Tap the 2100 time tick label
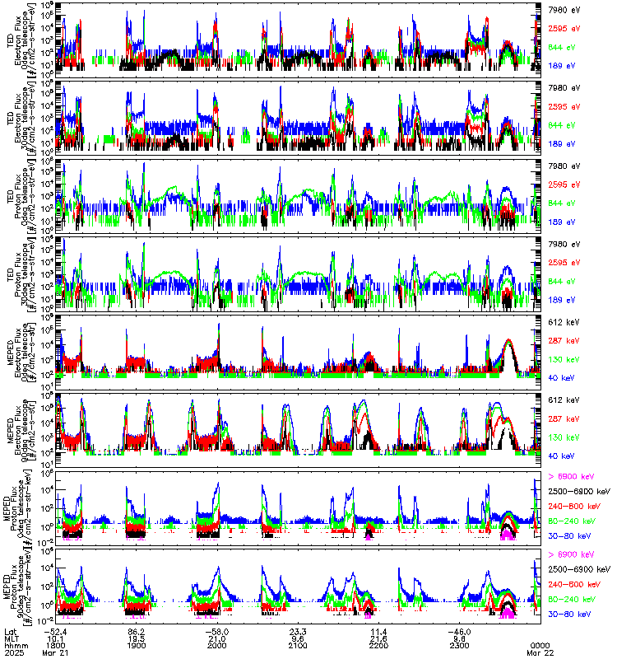click(297, 645)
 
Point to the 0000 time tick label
click(540, 645)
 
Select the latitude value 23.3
click(297, 630)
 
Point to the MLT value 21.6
click(379, 638)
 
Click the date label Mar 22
click(540, 652)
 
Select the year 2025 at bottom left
click(12, 652)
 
